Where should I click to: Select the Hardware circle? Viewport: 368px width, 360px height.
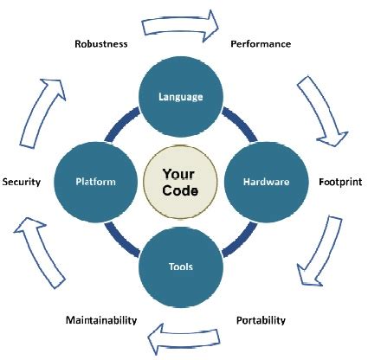[265, 182]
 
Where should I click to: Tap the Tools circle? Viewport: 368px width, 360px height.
[181, 267]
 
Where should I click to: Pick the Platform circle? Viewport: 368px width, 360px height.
[96, 182]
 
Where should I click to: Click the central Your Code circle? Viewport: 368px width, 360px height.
[181, 182]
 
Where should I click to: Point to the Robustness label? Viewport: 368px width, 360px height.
[100, 43]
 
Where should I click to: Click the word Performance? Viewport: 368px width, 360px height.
[260, 43]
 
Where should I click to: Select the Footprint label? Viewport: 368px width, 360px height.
[339, 183]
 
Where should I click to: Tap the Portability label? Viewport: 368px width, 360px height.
[261, 320]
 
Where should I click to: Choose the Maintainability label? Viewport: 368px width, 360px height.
[101, 320]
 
